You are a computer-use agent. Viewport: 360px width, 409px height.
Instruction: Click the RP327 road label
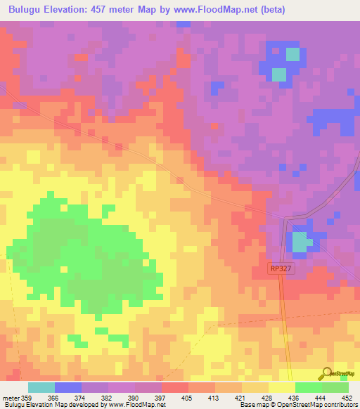click(x=280, y=268)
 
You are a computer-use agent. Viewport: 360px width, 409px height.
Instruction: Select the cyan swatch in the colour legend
click(x=41, y=387)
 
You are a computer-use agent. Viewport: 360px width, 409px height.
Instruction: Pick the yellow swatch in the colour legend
click(x=282, y=387)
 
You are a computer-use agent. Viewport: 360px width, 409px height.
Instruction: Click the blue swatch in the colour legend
click(x=68, y=387)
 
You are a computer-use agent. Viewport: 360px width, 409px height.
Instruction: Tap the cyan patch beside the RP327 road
click(x=301, y=242)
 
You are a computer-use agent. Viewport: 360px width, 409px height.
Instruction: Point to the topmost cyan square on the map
click(x=292, y=54)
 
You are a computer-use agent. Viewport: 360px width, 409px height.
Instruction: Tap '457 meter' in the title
click(x=130, y=10)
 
